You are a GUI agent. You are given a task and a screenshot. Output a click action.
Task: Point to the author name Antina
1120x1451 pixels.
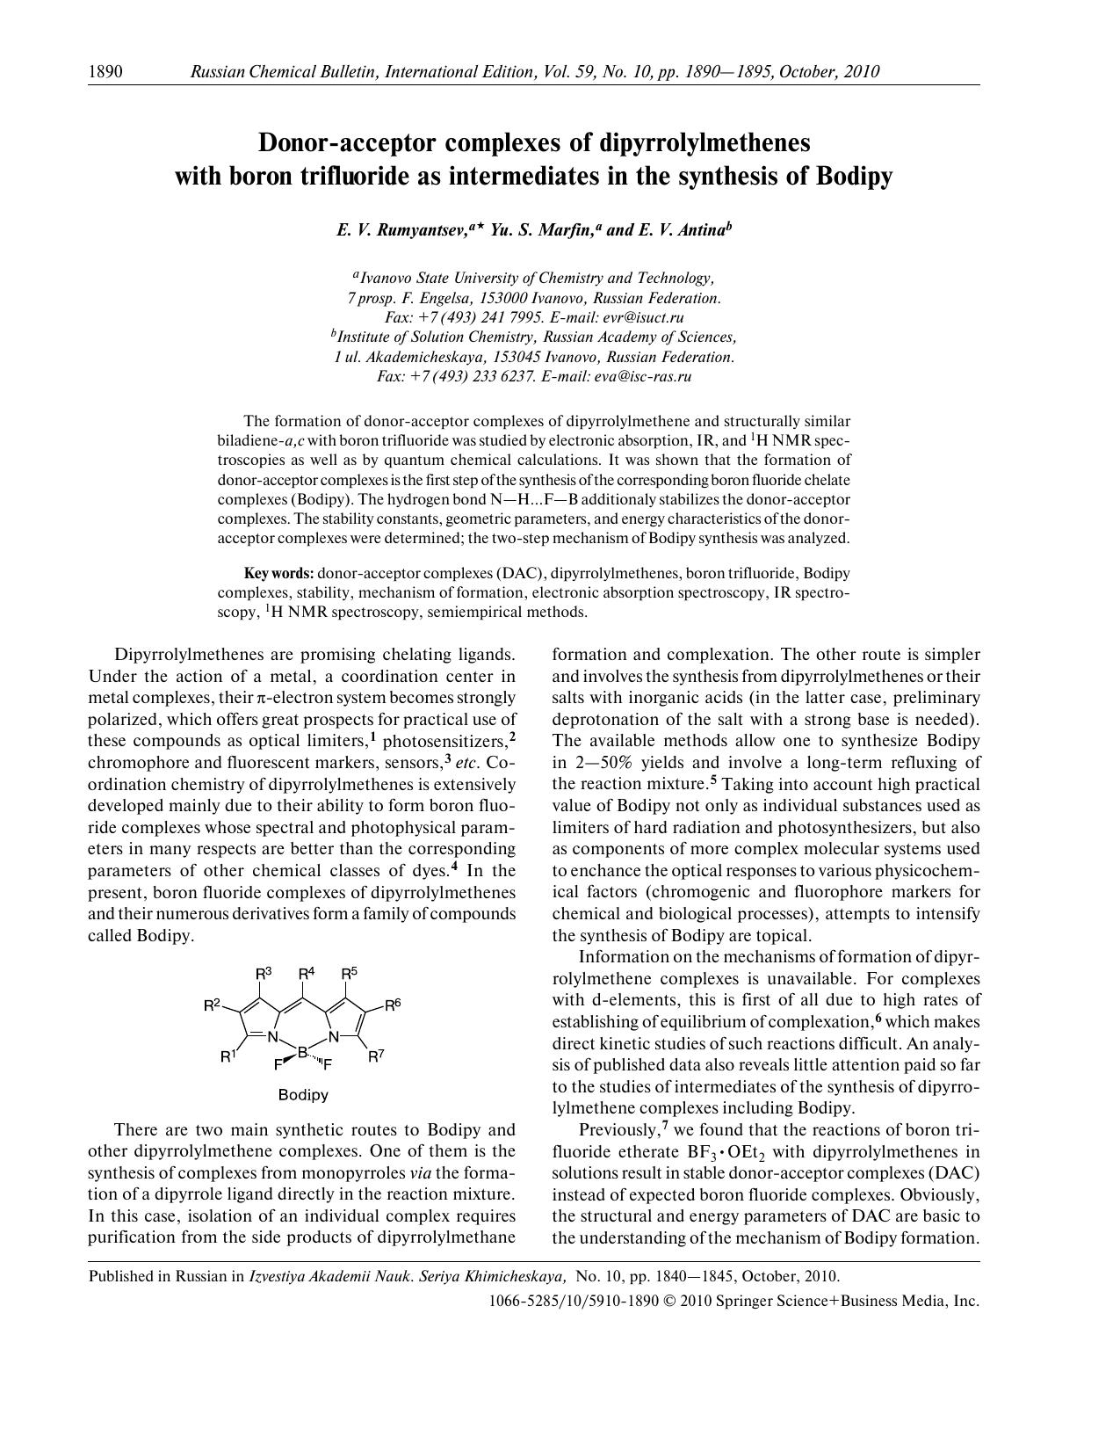699,230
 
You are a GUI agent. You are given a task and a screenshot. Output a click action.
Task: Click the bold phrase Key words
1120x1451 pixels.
278,573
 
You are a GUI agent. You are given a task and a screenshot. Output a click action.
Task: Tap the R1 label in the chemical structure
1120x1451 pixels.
228,1057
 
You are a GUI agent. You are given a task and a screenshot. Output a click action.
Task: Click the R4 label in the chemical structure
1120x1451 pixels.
306,974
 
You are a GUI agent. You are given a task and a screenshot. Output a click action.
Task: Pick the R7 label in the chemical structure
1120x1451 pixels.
375,1057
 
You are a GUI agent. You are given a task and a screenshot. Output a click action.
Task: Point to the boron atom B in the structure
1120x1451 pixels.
302,1052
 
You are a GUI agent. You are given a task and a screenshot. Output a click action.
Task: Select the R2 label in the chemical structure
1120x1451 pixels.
212,1005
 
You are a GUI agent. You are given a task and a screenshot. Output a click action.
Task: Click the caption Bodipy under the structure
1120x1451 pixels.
303,1095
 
